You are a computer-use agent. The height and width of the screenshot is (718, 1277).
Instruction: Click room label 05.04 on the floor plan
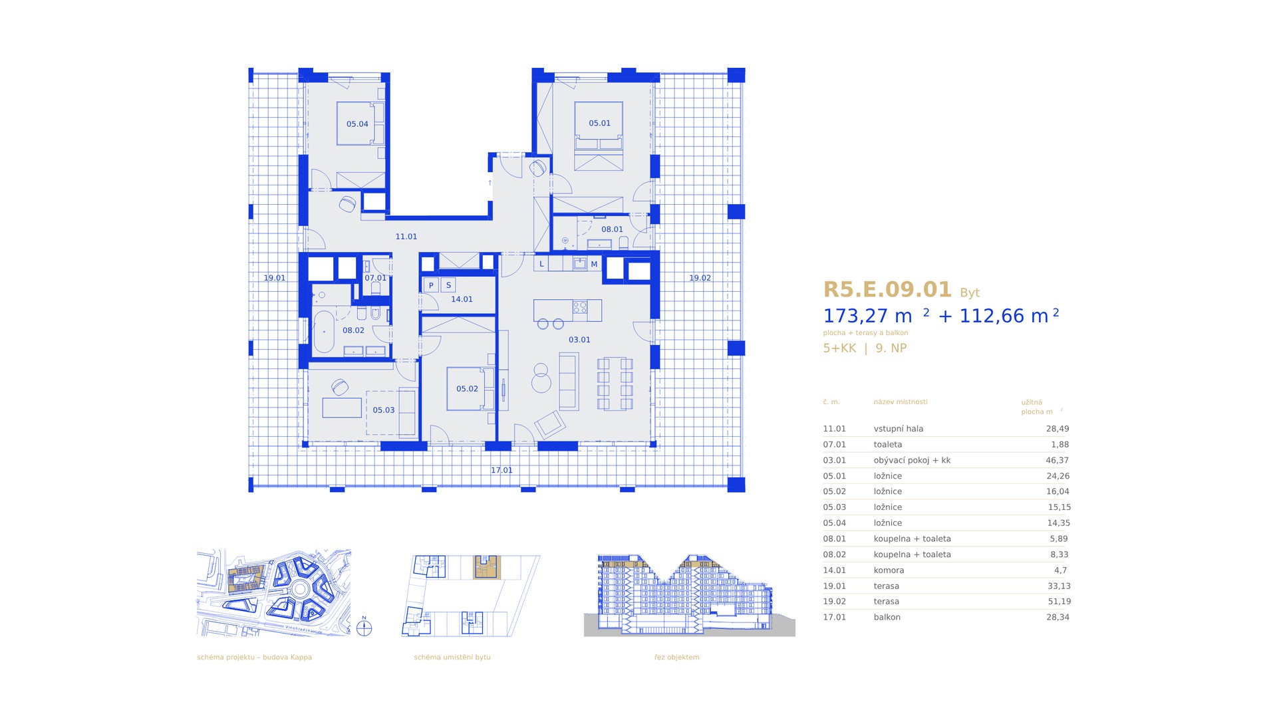[357, 124]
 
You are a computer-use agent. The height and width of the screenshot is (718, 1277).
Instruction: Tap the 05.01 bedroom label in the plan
[599, 124]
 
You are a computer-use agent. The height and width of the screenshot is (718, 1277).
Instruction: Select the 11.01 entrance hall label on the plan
[406, 237]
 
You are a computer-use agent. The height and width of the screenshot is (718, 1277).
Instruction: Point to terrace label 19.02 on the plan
[700, 279]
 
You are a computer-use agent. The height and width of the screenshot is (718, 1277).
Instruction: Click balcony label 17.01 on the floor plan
[501, 471]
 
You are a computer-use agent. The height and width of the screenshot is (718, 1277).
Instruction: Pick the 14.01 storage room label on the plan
[462, 300]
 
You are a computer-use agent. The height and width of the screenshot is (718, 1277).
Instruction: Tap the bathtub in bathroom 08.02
[324, 331]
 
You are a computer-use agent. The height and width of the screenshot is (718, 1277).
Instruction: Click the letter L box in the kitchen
[541, 264]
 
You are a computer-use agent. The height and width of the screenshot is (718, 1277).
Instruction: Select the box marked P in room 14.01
[431, 285]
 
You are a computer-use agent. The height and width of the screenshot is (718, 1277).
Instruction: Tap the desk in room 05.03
[342, 408]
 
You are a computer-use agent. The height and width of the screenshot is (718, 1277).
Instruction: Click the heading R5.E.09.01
[888, 290]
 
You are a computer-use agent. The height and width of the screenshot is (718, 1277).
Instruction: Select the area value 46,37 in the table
[1058, 460]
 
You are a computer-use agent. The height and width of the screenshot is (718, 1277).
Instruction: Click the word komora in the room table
[889, 570]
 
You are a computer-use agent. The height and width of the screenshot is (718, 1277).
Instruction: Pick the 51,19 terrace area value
[1059, 602]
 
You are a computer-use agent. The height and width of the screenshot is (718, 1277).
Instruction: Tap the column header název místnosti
[901, 402]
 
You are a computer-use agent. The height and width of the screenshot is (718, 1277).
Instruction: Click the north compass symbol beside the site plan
[364, 627]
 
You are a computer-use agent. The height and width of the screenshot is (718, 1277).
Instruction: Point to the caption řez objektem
[676, 658]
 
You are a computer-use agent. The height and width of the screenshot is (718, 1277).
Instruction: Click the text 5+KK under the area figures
[839, 348]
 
